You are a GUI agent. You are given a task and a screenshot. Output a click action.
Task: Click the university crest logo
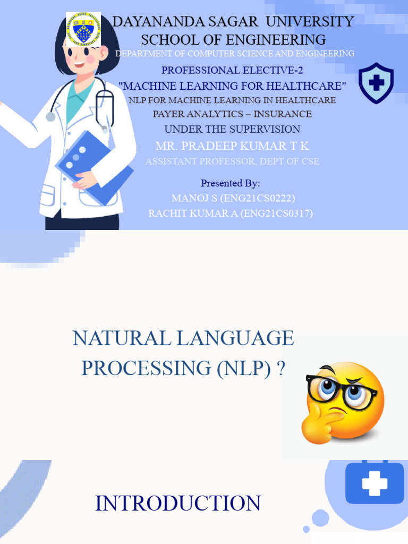[83, 29]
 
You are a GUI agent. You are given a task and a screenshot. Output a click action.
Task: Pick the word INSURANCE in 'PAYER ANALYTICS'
[283, 114]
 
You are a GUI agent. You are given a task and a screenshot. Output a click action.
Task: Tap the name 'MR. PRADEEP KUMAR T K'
[232, 146]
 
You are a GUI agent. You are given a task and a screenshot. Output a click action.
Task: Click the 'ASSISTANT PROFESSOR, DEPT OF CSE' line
[232, 161]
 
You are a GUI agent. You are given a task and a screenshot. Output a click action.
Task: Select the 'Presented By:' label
[230, 183]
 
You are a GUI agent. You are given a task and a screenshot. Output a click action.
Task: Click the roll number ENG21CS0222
[261, 199]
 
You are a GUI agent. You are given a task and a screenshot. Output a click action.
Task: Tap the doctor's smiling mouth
[79, 65]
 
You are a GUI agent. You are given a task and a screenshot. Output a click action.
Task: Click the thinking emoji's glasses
[341, 391]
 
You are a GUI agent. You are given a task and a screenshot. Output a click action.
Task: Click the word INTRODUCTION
[178, 504]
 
